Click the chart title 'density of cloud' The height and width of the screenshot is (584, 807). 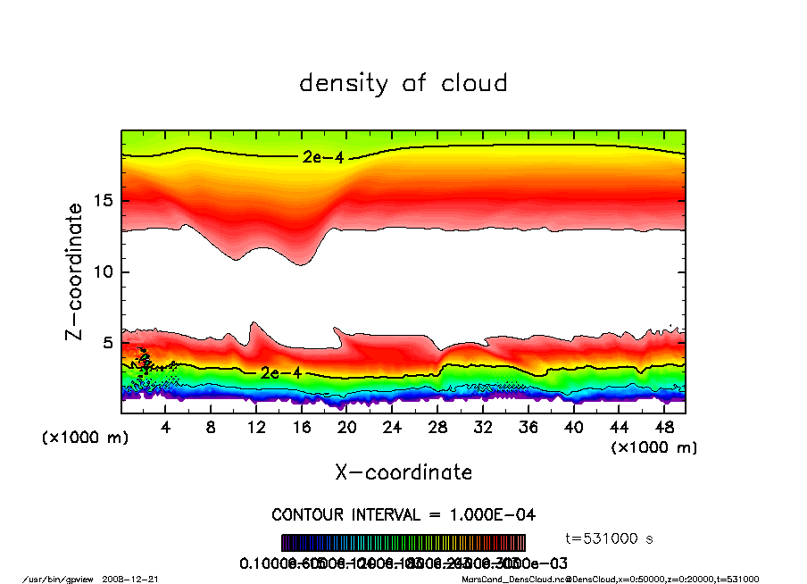pyautogui.click(x=403, y=84)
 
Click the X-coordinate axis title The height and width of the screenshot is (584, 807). pyautogui.click(x=403, y=471)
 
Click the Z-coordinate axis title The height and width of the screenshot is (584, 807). pyautogui.click(x=75, y=271)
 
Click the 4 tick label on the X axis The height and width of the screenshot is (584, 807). pyautogui.click(x=165, y=428)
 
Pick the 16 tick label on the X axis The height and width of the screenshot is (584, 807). pyautogui.click(x=302, y=428)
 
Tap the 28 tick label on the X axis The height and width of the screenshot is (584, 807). pyautogui.click(x=437, y=428)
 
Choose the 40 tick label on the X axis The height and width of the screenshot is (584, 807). pyautogui.click(x=573, y=428)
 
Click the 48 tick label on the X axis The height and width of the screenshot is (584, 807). pyautogui.click(x=664, y=428)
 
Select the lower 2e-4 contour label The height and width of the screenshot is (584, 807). pyautogui.click(x=281, y=373)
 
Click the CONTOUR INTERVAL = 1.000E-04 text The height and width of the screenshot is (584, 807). pyautogui.click(x=403, y=515)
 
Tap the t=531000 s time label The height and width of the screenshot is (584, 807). pyautogui.click(x=611, y=538)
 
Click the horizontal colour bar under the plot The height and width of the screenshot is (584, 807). pyautogui.click(x=403, y=543)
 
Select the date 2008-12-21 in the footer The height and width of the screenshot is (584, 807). pyautogui.click(x=138, y=579)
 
